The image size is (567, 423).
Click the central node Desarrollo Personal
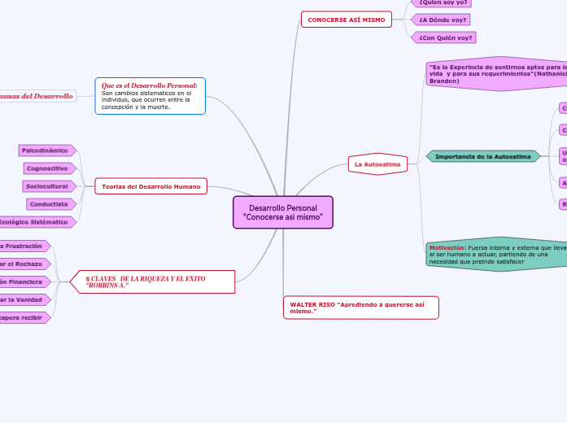(282, 212)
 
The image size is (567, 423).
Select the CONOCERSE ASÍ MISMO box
(346, 20)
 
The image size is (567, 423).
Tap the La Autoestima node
(377, 164)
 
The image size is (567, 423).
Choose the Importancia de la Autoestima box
(483, 156)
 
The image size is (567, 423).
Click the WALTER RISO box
(360, 307)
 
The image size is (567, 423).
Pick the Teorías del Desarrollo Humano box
(150, 187)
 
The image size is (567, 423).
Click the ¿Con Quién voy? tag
(444, 37)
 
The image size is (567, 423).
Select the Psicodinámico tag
(46, 150)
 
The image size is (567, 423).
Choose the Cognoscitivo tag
(50, 168)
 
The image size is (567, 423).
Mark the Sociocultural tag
(49, 186)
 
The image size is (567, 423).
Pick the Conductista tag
(50, 204)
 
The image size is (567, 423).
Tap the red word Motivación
(447, 247)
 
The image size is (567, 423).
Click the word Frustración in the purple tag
(24, 246)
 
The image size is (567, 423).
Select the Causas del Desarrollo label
(37, 96)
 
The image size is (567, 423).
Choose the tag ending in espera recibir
(23, 317)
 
